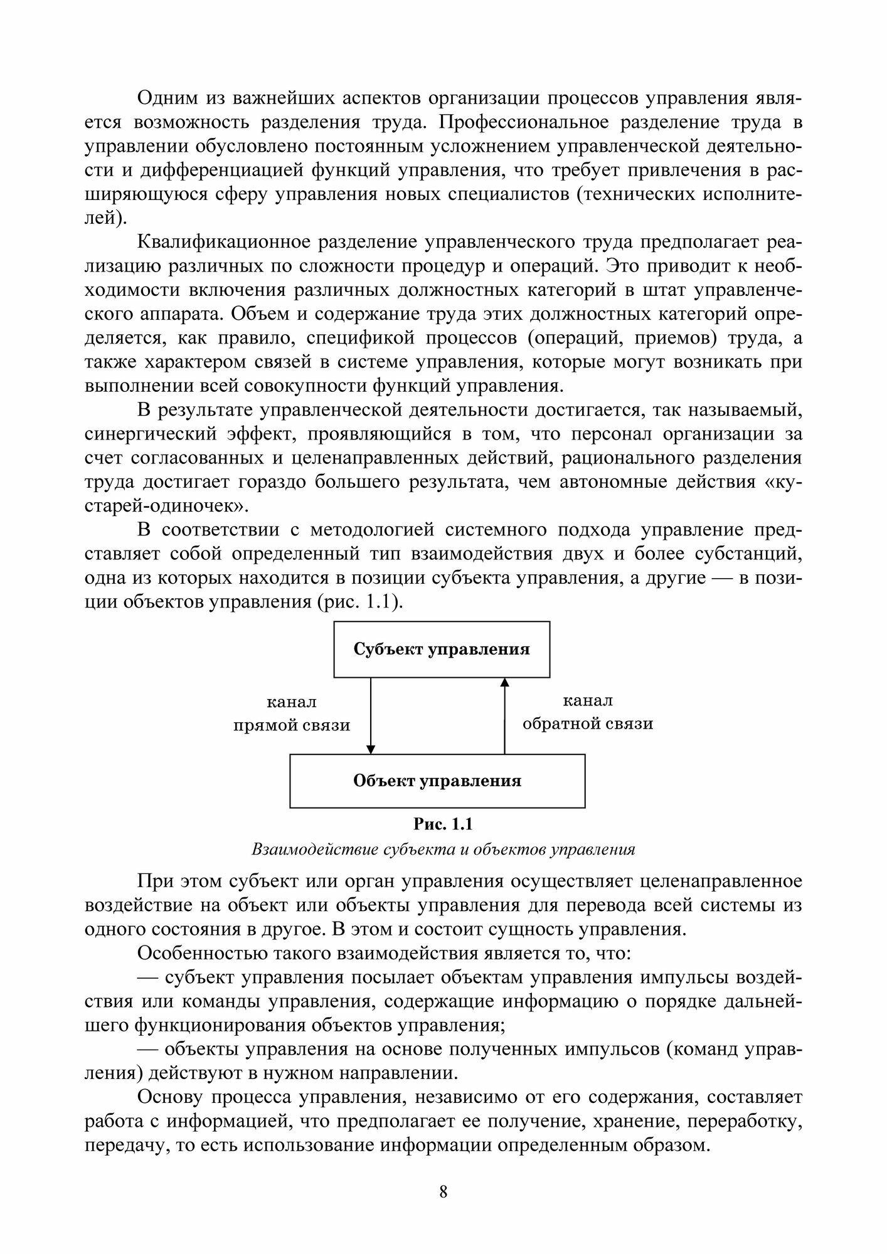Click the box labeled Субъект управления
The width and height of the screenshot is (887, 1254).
pyautogui.click(x=442, y=649)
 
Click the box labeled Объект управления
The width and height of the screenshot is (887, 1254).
pyautogui.click(x=437, y=781)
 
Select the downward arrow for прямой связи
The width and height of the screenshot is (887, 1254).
pyautogui.click(x=371, y=715)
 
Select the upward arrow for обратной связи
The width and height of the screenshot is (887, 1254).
pyautogui.click(x=504, y=715)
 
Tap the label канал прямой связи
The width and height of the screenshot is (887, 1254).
pyautogui.click(x=292, y=714)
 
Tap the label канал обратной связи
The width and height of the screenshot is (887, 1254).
pyautogui.click(x=588, y=712)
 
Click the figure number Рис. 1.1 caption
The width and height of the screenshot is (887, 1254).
pyautogui.click(x=443, y=823)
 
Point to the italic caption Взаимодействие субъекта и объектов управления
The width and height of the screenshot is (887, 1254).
pyautogui.click(x=443, y=850)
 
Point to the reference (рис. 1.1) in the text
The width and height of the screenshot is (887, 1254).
pyautogui.click(x=368, y=602)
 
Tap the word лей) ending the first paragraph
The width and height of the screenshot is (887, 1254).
pyautogui.click(x=105, y=219)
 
